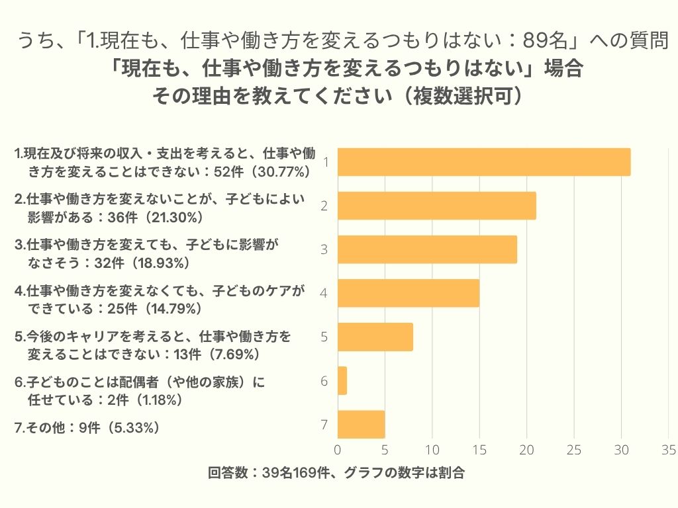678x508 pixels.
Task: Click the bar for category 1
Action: pyautogui.click(x=483, y=162)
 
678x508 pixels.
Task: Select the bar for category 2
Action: pyautogui.click(x=436, y=206)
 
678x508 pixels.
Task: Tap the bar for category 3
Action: pyautogui.click(x=427, y=249)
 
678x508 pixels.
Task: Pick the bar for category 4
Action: pyautogui.click(x=408, y=293)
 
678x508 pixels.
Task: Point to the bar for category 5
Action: pyautogui.click(x=375, y=337)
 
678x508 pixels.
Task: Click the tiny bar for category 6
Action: pyautogui.click(x=342, y=380)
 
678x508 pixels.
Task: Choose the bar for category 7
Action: pyautogui.click(x=361, y=424)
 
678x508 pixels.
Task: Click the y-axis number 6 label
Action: pyautogui.click(x=324, y=381)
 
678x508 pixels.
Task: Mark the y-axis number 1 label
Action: pyautogui.click(x=324, y=162)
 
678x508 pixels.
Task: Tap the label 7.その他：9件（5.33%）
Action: pyautogui.click(x=87, y=427)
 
